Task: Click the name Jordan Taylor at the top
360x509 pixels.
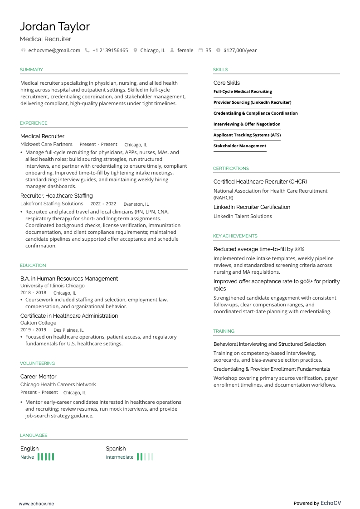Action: pyautogui.click(x=55, y=27)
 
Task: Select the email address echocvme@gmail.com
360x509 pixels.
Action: pyautogui.click(x=54, y=50)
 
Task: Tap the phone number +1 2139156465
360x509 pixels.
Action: pyautogui.click(x=110, y=50)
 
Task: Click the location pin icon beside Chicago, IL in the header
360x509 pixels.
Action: pyautogui.click(x=135, y=50)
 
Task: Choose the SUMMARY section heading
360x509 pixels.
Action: pyautogui.click(x=31, y=70)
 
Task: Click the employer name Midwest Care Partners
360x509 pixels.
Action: pyautogui.click(x=46, y=144)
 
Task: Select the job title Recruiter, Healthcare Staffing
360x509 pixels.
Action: pyautogui.click(x=57, y=196)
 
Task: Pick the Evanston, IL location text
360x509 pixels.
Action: pyautogui.click(x=136, y=204)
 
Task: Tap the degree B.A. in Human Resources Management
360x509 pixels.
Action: pyautogui.click(x=69, y=279)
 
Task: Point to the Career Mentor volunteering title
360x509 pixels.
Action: pyautogui.click(x=39, y=377)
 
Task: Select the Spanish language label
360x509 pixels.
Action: pyautogui.click(x=116, y=449)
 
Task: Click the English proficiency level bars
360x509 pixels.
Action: pyautogui.click(x=46, y=457)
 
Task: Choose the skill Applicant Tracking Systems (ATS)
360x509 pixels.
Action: pyautogui.click(x=247, y=135)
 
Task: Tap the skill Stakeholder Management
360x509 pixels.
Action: pyautogui.click(x=240, y=146)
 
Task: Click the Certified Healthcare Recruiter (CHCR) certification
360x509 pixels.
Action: pyautogui.click(x=260, y=182)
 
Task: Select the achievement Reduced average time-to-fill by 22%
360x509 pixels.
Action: pyautogui.click(x=259, y=249)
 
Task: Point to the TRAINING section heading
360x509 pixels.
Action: pyautogui.click(x=224, y=331)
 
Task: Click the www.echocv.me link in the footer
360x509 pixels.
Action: pyautogui.click(x=36, y=503)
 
